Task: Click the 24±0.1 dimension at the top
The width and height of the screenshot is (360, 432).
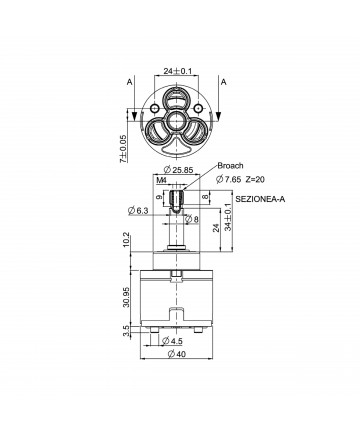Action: tap(178, 71)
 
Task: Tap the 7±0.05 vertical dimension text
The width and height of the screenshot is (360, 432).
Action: tap(123, 149)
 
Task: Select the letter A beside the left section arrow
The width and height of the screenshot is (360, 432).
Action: tap(129, 82)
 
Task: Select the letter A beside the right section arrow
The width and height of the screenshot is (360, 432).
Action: tap(223, 82)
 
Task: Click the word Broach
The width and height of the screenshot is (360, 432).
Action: tap(230, 166)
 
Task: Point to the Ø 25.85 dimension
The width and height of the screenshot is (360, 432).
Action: tap(179, 170)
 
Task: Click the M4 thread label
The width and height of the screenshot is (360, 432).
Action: tap(161, 180)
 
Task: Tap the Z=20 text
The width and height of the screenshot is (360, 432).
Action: tap(255, 180)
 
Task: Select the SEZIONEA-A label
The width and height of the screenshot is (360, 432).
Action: tap(260, 199)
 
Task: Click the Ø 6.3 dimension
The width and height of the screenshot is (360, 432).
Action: tap(138, 210)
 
